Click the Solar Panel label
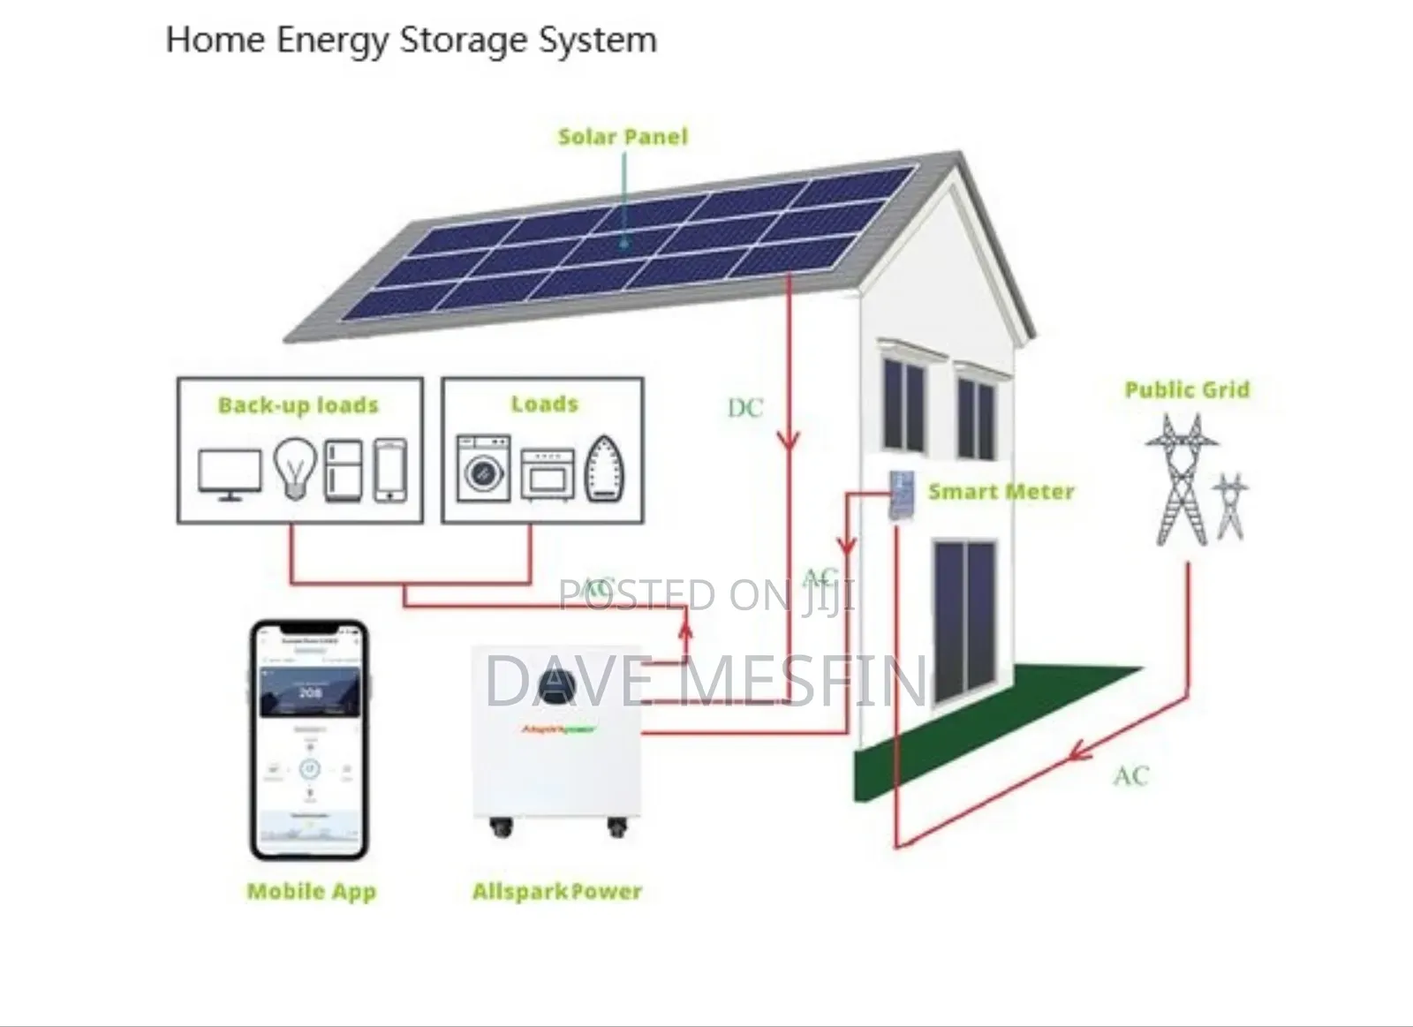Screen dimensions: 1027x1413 point(623,137)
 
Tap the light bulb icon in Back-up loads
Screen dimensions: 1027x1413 point(294,469)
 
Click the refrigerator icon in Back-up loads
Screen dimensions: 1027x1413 point(344,471)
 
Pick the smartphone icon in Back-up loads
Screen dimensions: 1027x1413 point(390,471)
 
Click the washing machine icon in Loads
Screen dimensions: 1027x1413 point(483,468)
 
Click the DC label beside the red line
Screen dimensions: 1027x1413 point(744,408)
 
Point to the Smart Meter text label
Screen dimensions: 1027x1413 point(1001,492)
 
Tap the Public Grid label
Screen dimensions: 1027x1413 point(1187,390)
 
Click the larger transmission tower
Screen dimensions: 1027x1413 point(1177,481)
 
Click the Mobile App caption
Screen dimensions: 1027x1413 point(312,892)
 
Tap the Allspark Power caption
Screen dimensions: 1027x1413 point(556,892)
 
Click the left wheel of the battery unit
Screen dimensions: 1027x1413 point(501,828)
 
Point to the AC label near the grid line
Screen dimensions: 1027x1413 point(1131,776)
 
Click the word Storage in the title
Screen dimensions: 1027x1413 point(453,42)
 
